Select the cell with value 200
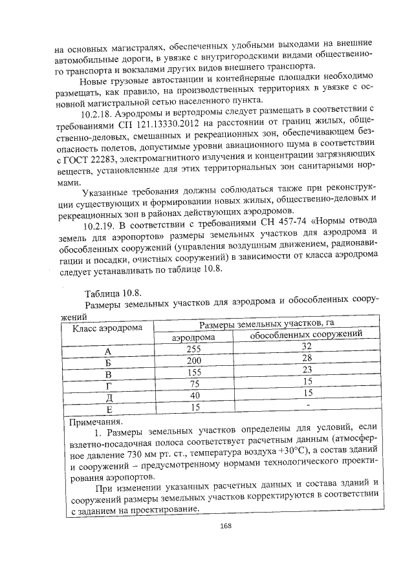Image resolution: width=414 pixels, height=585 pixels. [194, 359]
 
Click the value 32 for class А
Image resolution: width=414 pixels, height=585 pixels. [307, 346]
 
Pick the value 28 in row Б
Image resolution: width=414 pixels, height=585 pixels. [307, 358]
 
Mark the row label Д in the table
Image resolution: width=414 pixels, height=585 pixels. [109, 396]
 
